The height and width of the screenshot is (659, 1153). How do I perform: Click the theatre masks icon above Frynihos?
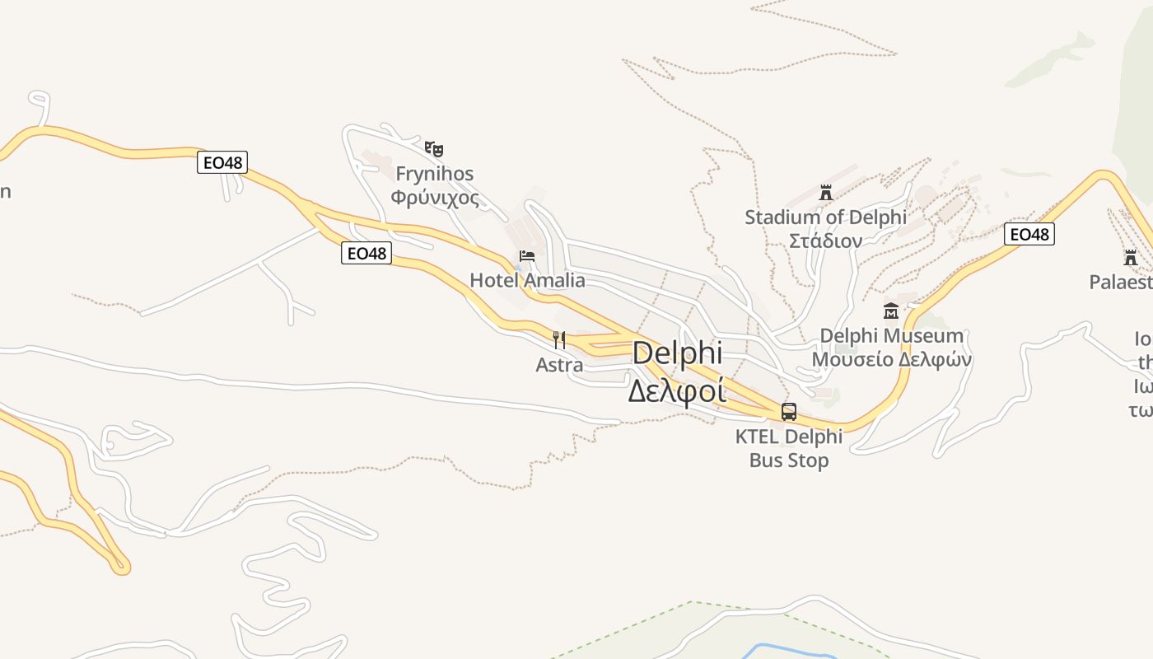[434, 149]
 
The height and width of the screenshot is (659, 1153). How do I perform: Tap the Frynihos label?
[435, 174]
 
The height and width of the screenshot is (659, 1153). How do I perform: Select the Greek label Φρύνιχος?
[435, 198]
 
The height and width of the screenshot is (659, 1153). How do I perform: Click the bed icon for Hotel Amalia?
[527, 256]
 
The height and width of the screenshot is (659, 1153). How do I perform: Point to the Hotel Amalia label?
[527, 280]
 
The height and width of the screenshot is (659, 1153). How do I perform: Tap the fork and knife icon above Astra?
[559, 339]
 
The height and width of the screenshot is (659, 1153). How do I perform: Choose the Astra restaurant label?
[559, 364]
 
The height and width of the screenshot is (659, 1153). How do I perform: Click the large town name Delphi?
[677, 353]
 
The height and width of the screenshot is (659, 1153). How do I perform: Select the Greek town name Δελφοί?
[677, 390]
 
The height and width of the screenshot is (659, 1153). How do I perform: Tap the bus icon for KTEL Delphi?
[789, 412]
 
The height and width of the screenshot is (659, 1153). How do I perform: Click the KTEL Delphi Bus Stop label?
[789, 448]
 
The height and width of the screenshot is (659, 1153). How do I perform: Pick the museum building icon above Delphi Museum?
[891, 311]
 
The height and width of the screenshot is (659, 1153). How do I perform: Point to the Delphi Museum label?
[891, 335]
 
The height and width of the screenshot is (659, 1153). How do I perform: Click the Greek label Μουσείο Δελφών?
[891, 360]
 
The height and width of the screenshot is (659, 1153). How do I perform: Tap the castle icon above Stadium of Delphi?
[826, 193]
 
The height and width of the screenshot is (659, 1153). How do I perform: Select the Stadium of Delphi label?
[825, 217]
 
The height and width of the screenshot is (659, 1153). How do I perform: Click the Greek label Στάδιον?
[825, 241]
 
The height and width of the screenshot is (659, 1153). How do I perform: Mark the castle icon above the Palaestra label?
[1130, 257]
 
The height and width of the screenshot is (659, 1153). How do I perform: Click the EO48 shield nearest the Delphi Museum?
[1029, 235]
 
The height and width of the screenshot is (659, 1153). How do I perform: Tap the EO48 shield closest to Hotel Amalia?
[366, 253]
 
